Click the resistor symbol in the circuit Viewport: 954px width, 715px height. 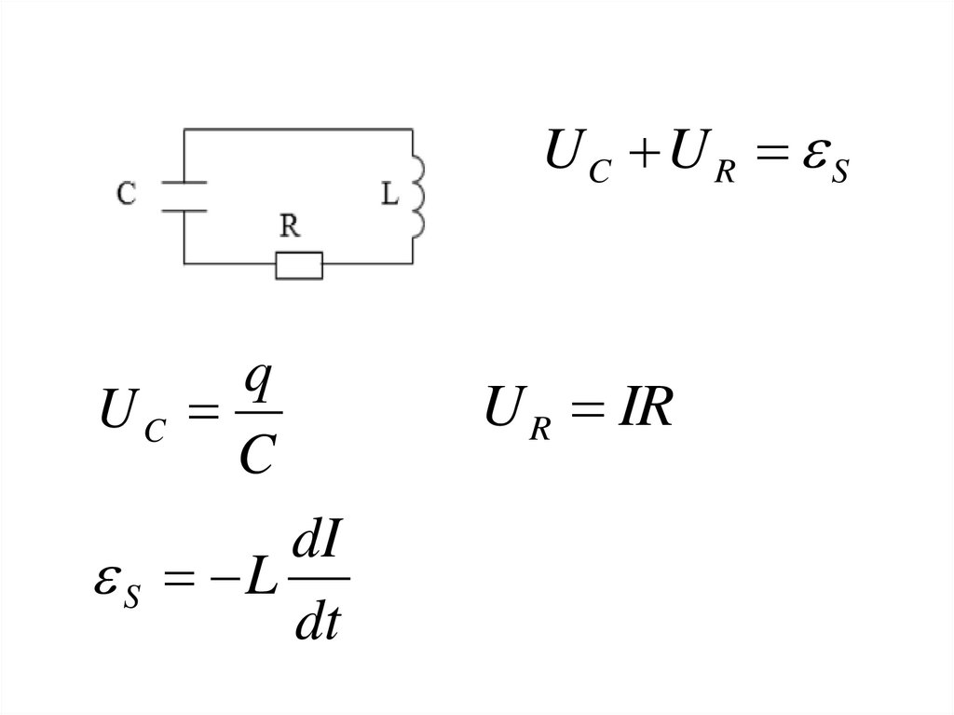point(299,266)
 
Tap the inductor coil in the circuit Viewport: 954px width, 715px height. point(419,196)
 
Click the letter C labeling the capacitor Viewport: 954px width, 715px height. point(128,194)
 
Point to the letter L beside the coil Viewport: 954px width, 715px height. point(390,195)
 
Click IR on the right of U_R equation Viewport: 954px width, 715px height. point(639,411)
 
